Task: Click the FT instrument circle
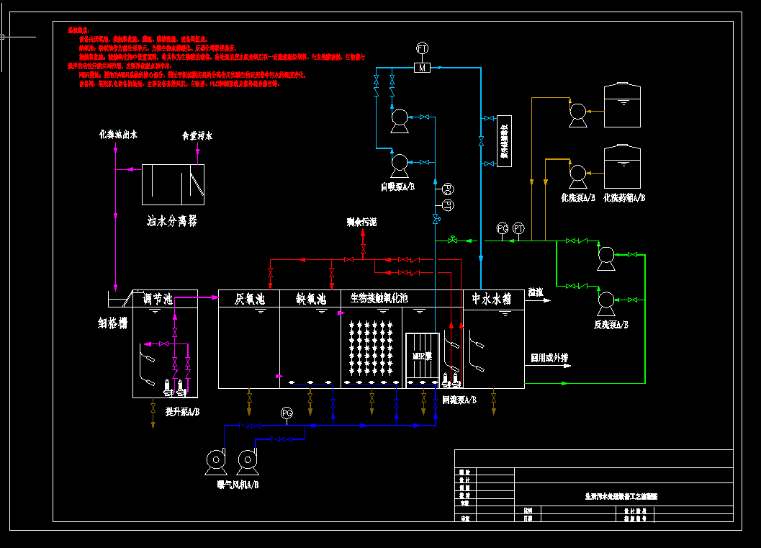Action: click(423, 48)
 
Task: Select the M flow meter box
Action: click(423, 68)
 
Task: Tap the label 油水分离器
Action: click(172, 221)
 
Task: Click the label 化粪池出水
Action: click(119, 135)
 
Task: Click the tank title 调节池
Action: click(157, 299)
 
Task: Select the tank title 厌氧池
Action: click(251, 298)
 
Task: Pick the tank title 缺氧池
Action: click(312, 298)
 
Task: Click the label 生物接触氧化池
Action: click(379, 298)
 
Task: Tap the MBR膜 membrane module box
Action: click(422, 356)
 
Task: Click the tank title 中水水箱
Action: click(491, 298)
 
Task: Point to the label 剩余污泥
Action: click(361, 223)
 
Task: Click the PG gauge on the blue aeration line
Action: click(287, 413)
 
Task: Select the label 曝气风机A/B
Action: click(238, 485)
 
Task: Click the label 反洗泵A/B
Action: click(611, 325)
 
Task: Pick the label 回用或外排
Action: click(549, 357)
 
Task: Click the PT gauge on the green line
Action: click(518, 228)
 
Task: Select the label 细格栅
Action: click(112, 323)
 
